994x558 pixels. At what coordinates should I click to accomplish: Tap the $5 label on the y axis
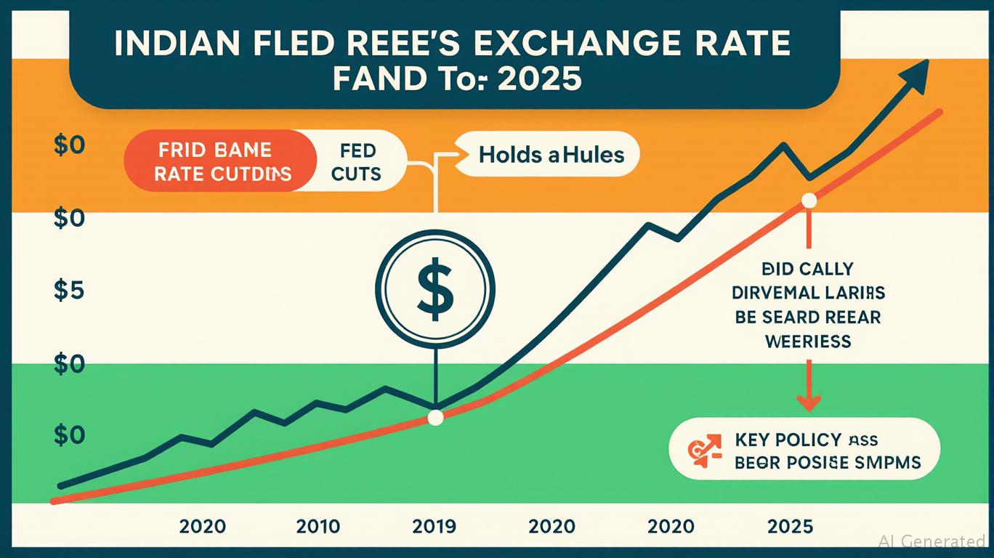click(x=69, y=291)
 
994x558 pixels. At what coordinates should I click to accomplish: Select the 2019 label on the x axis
click(x=433, y=525)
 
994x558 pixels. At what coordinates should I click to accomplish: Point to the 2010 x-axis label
click(x=318, y=525)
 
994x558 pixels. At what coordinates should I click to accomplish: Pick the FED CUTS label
click(x=358, y=162)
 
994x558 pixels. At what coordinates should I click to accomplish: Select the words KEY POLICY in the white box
click(x=788, y=440)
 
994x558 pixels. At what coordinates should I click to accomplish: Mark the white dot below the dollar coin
click(x=435, y=418)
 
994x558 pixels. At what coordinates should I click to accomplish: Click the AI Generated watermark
click(x=931, y=541)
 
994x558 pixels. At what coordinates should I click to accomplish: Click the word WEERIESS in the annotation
click(x=808, y=341)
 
